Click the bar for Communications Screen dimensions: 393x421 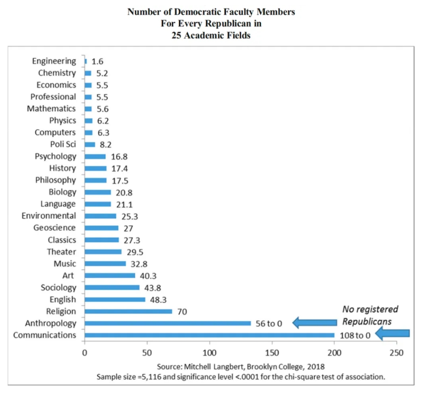(x=209, y=335)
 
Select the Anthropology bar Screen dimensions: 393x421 (x=168, y=323)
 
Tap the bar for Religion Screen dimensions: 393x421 (x=128, y=311)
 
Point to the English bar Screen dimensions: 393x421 (x=115, y=299)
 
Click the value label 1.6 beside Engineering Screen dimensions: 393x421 (x=97, y=61)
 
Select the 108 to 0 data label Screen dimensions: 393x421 (x=355, y=335)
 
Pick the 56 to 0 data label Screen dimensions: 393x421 (x=269, y=324)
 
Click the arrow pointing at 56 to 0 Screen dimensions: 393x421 (x=314, y=323)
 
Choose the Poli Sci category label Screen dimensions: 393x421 (x=63, y=145)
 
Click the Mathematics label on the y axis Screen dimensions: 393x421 (x=51, y=109)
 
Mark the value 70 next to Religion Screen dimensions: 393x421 (x=182, y=311)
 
